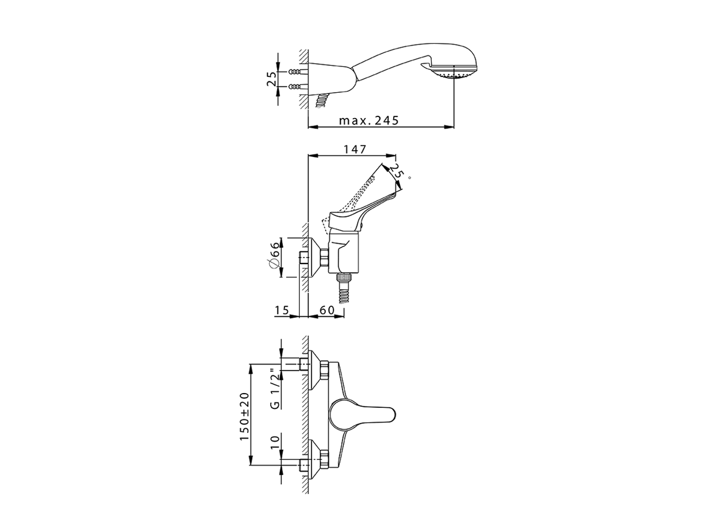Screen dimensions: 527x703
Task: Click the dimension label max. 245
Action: click(x=368, y=121)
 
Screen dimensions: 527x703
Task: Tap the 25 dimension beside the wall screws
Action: click(x=271, y=79)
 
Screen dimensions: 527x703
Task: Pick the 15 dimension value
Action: click(x=281, y=311)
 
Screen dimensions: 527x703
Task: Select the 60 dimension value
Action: click(x=327, y=311)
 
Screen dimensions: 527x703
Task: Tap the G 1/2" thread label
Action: click(x=275, y=389)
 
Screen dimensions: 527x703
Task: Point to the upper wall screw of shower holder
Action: click(x=295, y=72)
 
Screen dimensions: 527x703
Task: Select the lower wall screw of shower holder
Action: click(x=295, y=86)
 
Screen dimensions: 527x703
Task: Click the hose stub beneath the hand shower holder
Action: click(x=322, y=100)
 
